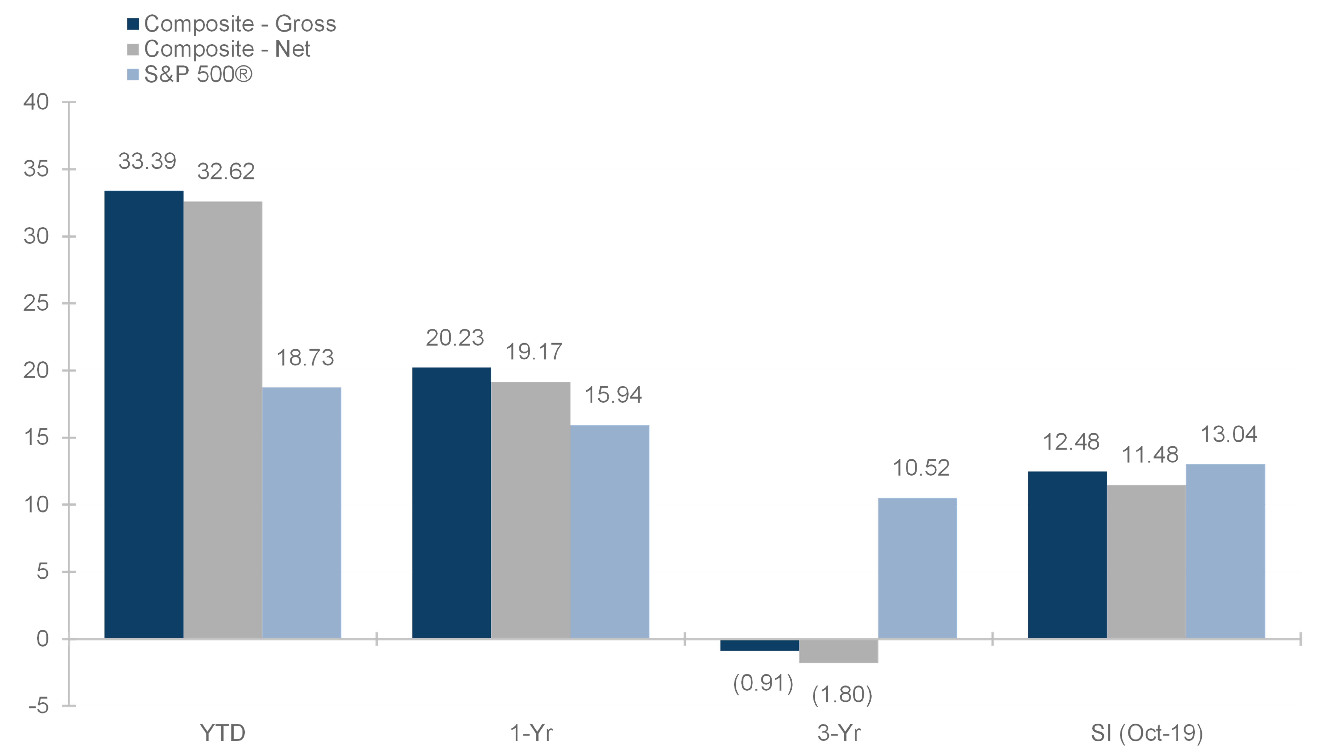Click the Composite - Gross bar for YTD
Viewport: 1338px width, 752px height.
[144, 414]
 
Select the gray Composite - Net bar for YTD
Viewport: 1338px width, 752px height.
[223, 420]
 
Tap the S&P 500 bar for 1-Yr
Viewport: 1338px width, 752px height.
[610, 532]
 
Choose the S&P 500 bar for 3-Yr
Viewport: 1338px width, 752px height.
[917, 568]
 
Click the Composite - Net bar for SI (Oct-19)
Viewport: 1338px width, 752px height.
[1146, 561]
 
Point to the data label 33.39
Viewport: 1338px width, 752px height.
[148, 161]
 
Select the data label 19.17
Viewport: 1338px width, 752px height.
[534, 352]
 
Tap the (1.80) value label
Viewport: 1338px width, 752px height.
[842, 694]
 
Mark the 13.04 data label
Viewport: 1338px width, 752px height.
[1229, 434]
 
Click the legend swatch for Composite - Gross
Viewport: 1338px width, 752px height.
[133, 24]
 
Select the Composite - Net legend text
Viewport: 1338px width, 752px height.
[227, 49]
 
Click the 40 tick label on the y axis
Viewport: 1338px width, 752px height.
[36, 102]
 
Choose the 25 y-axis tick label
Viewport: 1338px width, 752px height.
[36, 303]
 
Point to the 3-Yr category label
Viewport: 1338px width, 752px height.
[839, 733]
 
